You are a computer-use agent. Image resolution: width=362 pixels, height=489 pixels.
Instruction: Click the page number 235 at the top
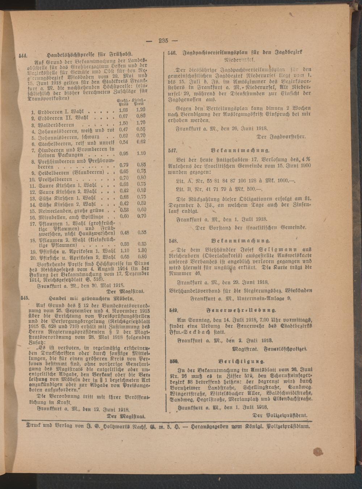coord(165,41)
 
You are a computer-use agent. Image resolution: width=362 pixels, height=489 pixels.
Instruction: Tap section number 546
coord(171,53)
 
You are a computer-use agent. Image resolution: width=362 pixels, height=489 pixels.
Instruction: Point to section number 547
coord(173,150)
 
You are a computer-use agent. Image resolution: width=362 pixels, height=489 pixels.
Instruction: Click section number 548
coord(173,240)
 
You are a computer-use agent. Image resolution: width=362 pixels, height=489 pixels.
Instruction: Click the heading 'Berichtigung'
coord(241,361)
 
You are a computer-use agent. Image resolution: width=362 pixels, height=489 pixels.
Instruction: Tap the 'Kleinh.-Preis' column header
coord(139,102)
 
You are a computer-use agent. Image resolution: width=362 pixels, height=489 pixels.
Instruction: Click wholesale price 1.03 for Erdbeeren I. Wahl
coord(123,110)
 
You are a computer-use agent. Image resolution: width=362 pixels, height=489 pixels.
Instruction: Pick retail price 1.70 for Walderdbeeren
coord(141,123)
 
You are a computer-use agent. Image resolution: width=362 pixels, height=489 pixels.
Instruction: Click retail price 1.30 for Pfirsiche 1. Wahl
coord(142,250)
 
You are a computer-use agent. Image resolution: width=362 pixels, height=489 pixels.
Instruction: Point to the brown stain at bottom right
coord(317,451)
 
